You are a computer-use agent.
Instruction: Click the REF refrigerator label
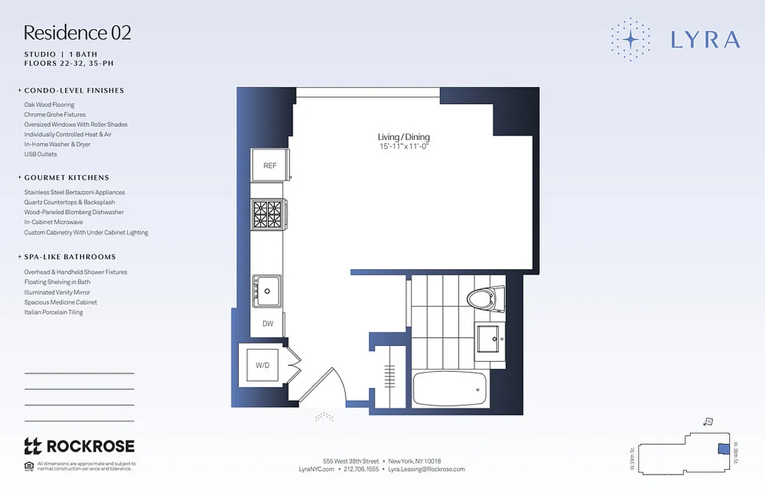click(x=270, y=166)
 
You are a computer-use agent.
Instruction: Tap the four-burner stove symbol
click(x=267, y=214)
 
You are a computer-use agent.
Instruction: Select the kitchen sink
click(x=267, y=290)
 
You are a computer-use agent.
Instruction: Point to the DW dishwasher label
click(x=268, y=324)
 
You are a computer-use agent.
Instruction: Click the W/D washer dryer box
click(x=263, y=365)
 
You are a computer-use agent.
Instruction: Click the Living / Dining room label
click(x=404, y=137)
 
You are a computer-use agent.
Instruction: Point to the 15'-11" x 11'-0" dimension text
click(x=404, y=147)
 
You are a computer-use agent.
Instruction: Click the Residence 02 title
click(x=77, y=33)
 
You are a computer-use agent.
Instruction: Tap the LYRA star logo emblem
click(x=630, y=40)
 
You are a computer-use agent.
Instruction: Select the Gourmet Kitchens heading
click(x=67, y=178)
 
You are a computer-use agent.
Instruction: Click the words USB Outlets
click(x=40, y=154)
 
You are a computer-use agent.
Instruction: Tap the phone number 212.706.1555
click(x=361, y=470)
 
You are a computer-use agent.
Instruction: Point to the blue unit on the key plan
click(x=721, y=449)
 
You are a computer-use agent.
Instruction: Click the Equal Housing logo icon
click(x=28, y=465)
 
